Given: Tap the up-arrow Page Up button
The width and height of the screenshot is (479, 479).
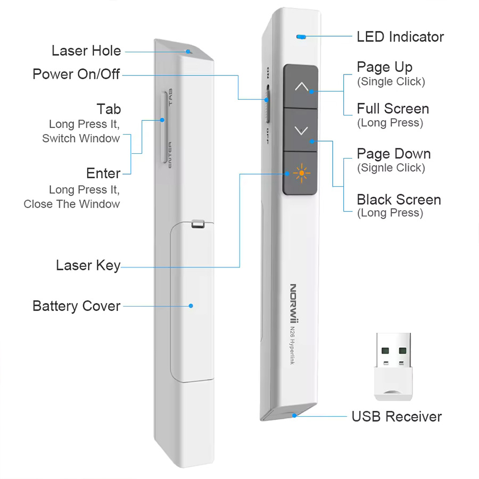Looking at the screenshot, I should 301,86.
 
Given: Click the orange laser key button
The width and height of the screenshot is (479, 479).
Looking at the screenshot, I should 301,173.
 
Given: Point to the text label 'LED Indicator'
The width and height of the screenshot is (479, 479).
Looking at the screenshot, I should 400,37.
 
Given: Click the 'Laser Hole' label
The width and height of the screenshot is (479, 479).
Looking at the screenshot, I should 86,51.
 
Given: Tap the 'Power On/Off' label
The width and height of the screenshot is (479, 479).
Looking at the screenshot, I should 77,74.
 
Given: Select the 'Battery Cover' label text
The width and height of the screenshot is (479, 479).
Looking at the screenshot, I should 77,306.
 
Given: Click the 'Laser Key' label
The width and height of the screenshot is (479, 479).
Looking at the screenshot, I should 88,265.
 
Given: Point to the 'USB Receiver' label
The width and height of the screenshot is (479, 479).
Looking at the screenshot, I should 397,416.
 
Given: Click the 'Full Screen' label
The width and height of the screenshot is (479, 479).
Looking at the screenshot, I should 393,109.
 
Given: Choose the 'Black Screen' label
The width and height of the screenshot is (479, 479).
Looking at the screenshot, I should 399,200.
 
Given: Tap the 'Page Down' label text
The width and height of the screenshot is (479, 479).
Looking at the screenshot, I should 393,154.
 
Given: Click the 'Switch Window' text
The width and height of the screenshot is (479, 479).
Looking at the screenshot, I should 81,138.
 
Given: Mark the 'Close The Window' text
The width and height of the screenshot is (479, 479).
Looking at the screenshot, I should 72,204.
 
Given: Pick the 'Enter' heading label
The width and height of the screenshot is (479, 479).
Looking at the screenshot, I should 103,174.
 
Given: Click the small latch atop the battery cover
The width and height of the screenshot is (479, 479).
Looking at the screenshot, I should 197,224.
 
